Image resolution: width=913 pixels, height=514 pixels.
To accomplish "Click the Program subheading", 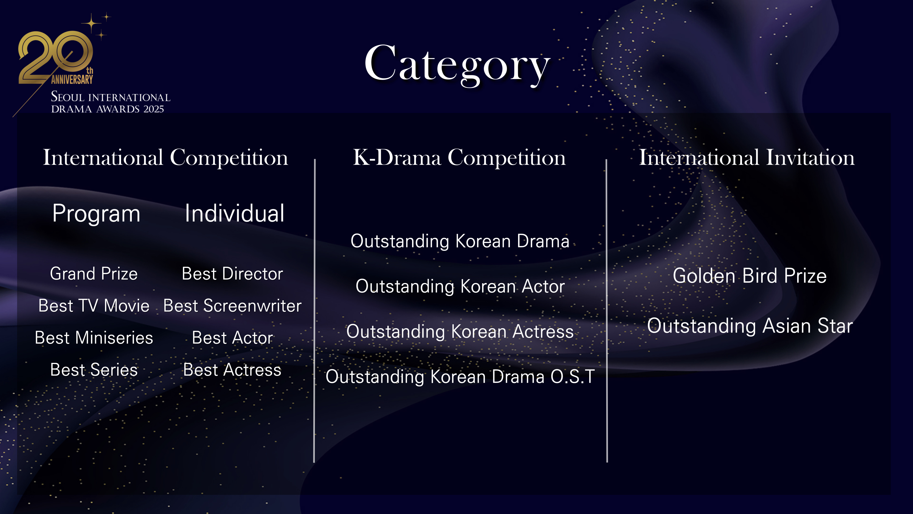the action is pos(96,214).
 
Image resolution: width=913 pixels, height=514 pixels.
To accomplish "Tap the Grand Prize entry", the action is pos(94,274).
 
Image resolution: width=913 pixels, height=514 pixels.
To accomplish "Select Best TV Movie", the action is pos(94,306).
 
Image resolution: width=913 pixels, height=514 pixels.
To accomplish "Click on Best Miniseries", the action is pos(94,338).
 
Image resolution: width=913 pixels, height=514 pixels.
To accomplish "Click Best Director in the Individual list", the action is pos(233,274).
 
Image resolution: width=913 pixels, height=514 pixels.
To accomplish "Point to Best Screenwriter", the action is pos(233,306).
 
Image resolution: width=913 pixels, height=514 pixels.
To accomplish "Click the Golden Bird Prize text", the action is pos(750,276).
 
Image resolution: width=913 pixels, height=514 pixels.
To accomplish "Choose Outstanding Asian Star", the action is pos(750,326).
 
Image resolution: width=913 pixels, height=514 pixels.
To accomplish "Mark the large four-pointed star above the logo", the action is pos(91,24).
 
